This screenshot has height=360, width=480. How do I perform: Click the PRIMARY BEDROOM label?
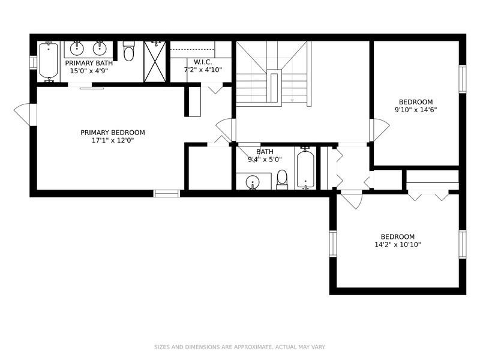click(x=113, y=133)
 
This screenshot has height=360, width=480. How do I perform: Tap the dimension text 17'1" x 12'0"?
click(x=113, y=140)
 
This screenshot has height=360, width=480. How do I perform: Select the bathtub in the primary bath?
click(x=49, y=62)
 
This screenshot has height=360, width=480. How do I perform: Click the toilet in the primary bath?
click(x=128, y=52)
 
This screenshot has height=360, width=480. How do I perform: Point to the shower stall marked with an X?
click(x=155, y=62)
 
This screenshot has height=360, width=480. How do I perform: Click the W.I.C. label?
click(x=203, y=62)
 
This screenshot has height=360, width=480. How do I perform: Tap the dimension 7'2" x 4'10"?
click(x=203, y=70)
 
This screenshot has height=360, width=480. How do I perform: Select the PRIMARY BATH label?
click(x=89, y=64)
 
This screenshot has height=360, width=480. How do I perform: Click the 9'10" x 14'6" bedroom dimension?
click(x=416, y=110)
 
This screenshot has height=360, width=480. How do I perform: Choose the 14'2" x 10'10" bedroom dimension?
click(x=398, y=245)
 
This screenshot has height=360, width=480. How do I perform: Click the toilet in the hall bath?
click(x=282, y=179)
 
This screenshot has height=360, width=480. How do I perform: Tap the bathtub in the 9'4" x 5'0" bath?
click(x=305, y=169)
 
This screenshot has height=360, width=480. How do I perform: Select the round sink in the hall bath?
click(x=253, y=182)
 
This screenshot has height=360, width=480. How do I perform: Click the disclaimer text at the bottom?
click(x=239, y=347)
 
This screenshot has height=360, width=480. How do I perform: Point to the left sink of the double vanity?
click(x=77, y=49)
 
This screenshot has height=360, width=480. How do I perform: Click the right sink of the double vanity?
click(x=100, y=49)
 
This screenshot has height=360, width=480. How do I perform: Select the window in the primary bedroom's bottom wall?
click(x=166, y=193)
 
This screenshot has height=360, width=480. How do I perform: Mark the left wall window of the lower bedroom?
click(x=333, y=244)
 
